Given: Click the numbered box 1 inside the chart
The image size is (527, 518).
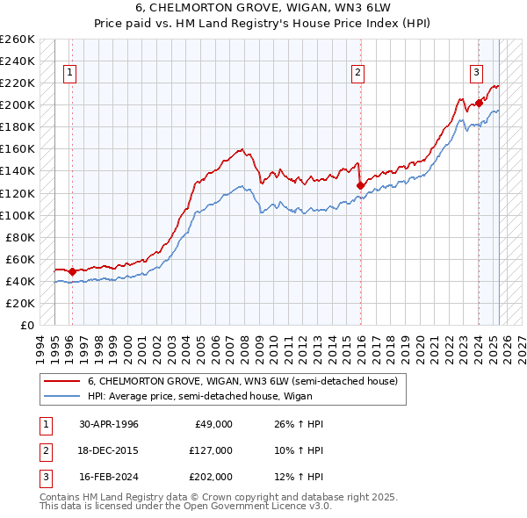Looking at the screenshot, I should (x=69, y=73).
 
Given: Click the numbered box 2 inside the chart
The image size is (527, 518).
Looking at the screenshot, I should (x=358, y=73).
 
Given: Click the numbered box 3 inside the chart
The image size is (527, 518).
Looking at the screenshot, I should (x=475, y=73).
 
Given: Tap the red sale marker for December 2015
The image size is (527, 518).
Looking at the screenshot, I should (x=360, y=185).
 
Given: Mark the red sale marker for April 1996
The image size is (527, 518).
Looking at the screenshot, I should (x=72, y=271).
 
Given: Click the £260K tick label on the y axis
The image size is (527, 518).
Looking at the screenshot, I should (x=18, y=40).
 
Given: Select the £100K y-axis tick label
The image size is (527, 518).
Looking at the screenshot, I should (x=18, y=215).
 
